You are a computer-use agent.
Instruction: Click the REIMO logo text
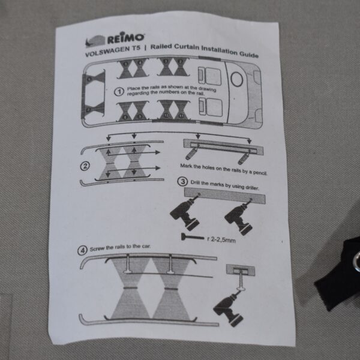pyautogui.click(x=125, y=38)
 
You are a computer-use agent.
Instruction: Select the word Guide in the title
pyautogui.click(x=249, y=55)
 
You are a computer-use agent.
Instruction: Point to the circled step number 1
pyautogui.click(x=119, y=92)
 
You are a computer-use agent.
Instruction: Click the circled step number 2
pyautogui.click(x=85, y=166)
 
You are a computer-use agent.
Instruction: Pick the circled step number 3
pyautogui.click(x=182, y=181)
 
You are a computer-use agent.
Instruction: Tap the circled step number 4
pyautogui.click(x=82, y=250)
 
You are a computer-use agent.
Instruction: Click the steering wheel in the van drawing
pyautogui.click(x=237, y=79)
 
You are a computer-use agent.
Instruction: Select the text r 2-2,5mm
pyautogui.click(x=221, y=239)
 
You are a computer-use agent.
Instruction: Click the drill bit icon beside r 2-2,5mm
pyautogui.click(x=193, y=237)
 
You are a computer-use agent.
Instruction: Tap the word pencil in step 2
pyautogui.click(x=260, y=172)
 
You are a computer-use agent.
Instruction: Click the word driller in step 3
pyautogui.click(x=252, y=187)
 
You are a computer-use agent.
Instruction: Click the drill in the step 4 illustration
pyautogui.click(x=229, y=308)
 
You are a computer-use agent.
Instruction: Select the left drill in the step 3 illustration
pyautogui.click(x=185, y=212)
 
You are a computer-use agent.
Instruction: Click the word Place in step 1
pyautogui.click(x=132, y=88)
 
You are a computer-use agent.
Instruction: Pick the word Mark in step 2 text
pyautogui.click(x=185, y=166)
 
